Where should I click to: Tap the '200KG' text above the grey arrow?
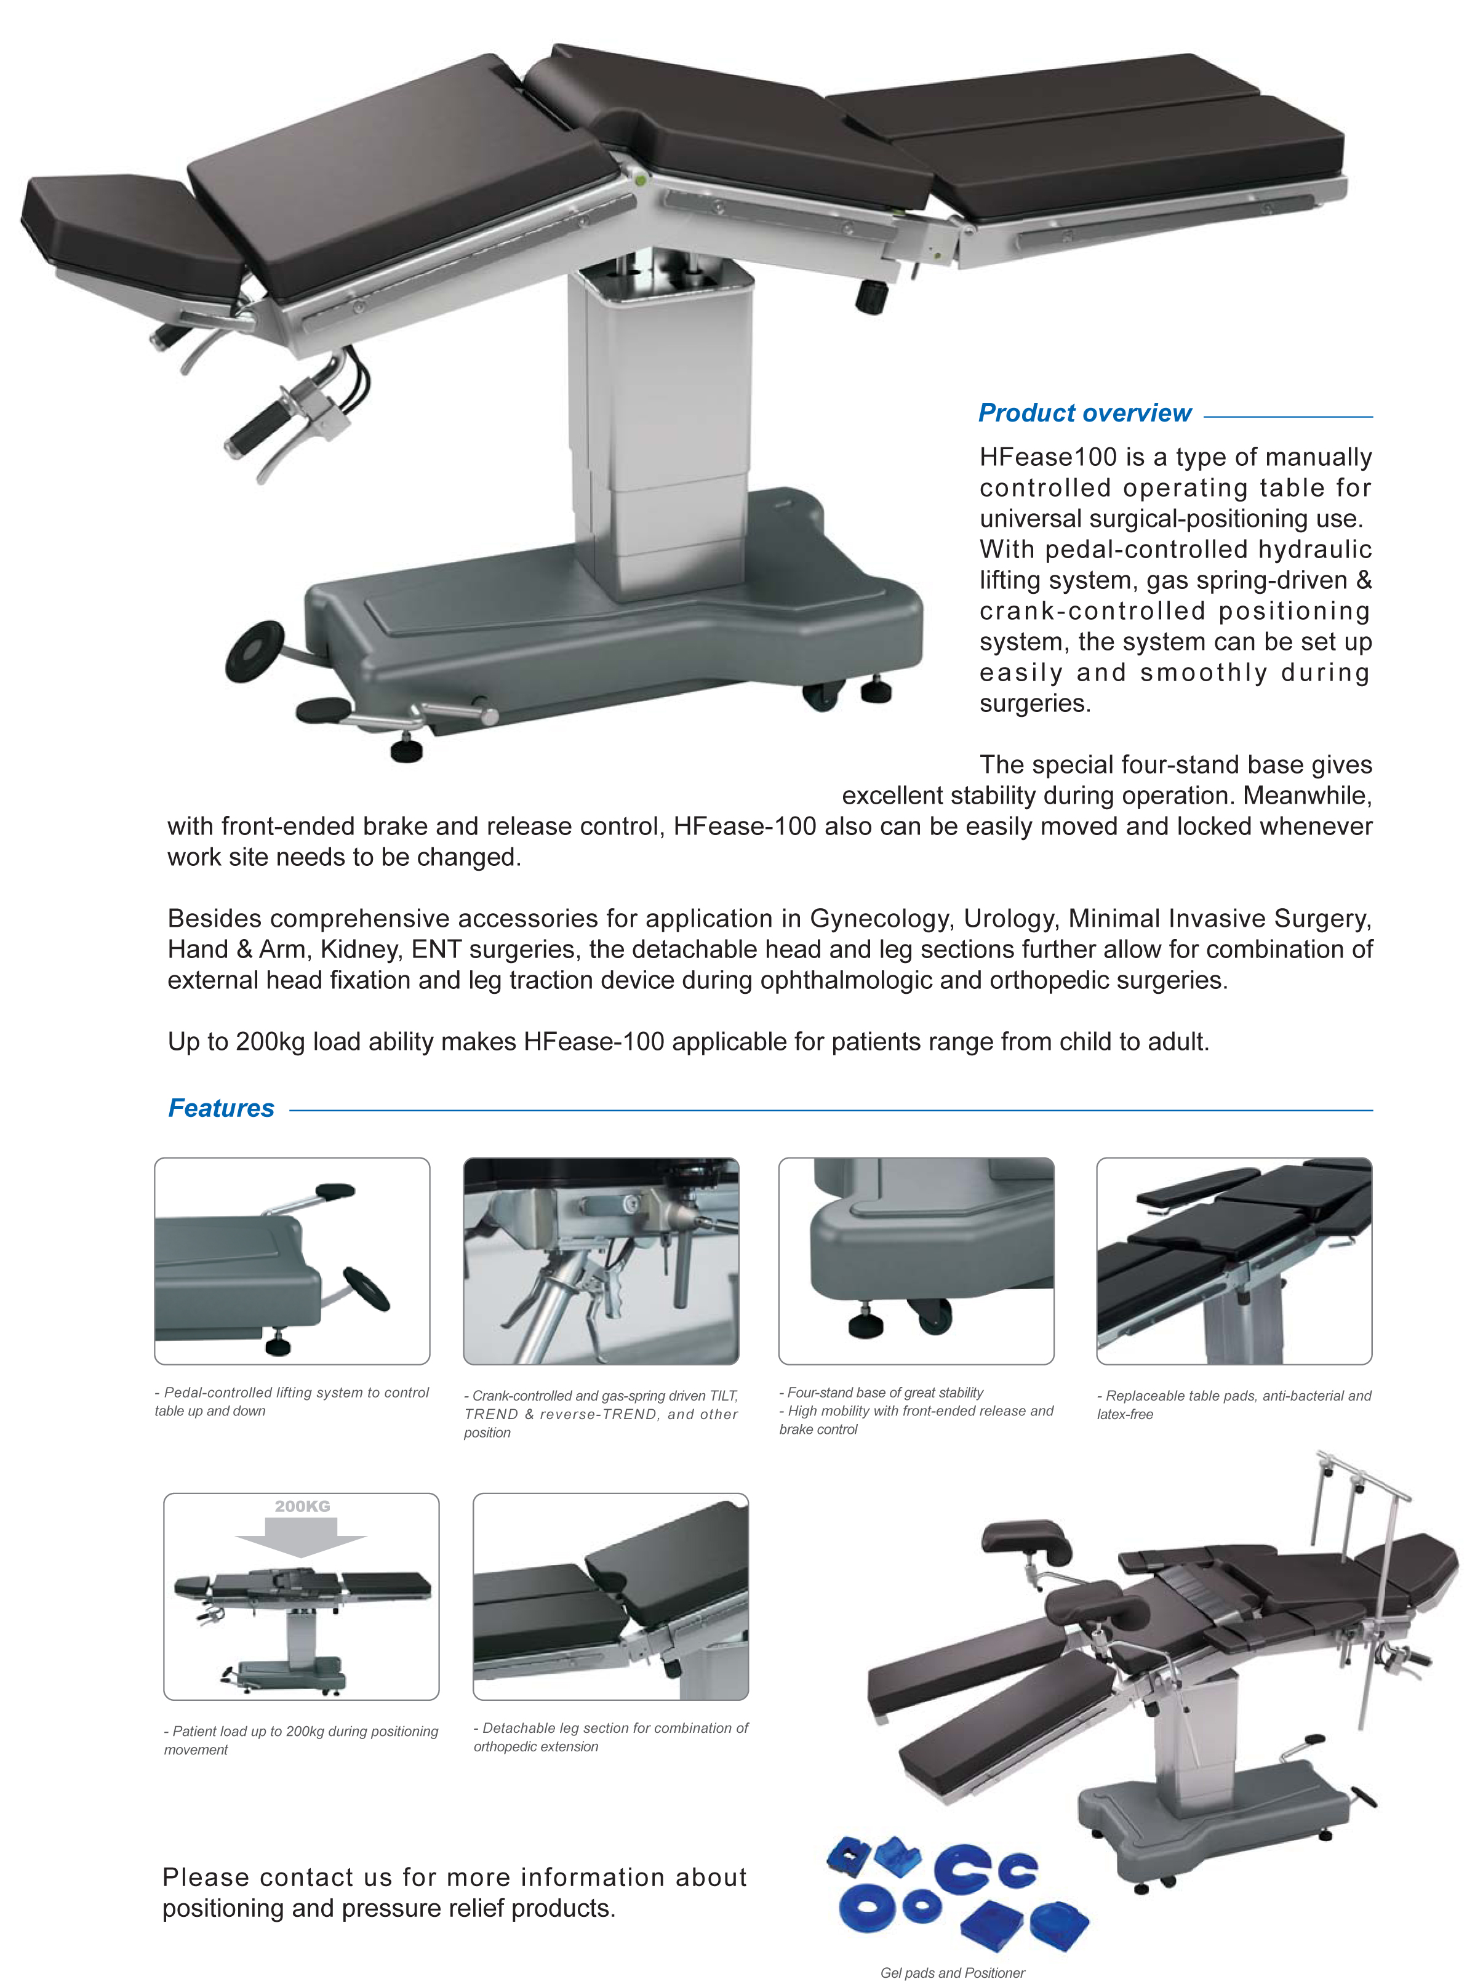302,1506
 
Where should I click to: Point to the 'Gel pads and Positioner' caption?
952,1972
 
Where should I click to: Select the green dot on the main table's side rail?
639,181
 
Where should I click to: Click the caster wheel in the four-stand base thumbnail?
933,1315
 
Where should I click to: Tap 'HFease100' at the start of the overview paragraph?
1047,457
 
